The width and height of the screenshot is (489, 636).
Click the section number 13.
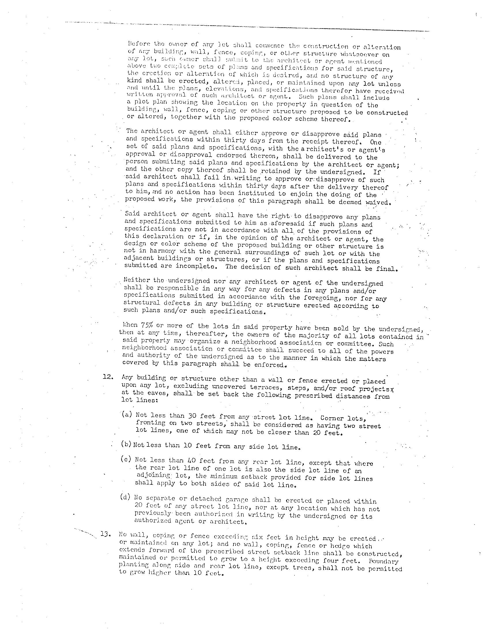(105, 534)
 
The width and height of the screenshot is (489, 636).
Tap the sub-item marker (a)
(127, 414)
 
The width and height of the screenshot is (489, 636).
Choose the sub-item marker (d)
(125, 497)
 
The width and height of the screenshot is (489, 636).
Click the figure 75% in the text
(147, 325)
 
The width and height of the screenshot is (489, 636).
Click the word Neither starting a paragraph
(137, 280)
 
